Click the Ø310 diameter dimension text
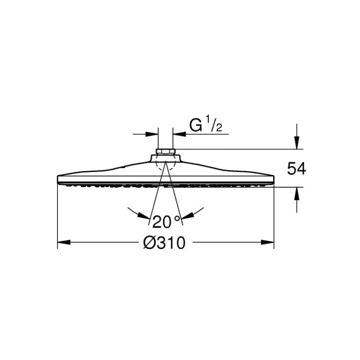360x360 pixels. point(164,243)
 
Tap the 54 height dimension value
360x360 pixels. point(297,169)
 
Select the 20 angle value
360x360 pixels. point(162,222)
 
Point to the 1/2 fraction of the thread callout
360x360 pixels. point(214,124)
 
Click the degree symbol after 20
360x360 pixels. point(177,218)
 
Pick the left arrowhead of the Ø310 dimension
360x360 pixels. point(63,242)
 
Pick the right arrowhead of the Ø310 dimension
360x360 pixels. point(267,242)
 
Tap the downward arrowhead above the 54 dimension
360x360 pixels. point(297,143)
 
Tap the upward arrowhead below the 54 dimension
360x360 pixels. point(297,193)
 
